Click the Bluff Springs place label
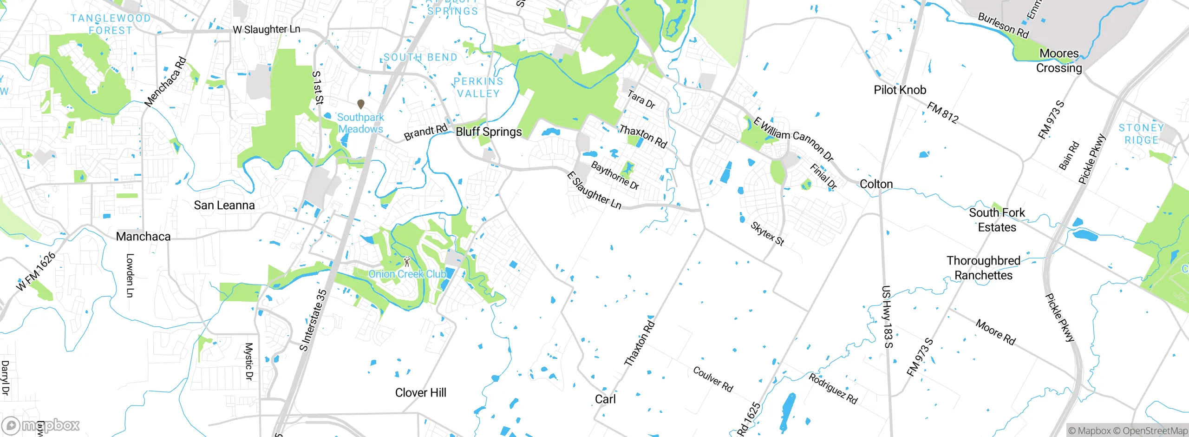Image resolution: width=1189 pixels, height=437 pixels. [489, 132]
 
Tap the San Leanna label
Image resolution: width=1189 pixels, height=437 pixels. [224, 205]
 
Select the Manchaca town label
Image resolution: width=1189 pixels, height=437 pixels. [143, 237]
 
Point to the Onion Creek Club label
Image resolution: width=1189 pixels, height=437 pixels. [407, 274]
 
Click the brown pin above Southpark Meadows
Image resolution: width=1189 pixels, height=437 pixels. [360, 104]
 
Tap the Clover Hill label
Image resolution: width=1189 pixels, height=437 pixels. [420, 393]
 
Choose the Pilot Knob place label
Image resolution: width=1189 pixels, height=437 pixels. [900, 90]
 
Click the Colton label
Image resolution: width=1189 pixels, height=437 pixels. [876, 184]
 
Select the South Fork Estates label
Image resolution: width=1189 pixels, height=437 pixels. [997, 220]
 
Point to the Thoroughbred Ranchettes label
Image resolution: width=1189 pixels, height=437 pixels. [983, 268]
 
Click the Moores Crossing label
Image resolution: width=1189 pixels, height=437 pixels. [1059, 61]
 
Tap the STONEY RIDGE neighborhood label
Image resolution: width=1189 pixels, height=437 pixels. [1141, 134]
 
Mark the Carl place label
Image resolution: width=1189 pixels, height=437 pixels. [605, 399]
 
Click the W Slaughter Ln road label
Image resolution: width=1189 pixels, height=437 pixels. [266, 29]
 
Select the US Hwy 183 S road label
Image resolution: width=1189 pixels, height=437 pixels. [887, 317]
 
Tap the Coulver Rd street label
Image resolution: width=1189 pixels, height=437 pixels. [712, 379]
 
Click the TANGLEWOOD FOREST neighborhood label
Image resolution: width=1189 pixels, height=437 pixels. [111, 24]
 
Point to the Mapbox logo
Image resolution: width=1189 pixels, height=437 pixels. [41, 425]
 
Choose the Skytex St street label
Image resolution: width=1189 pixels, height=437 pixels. [767, 234]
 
